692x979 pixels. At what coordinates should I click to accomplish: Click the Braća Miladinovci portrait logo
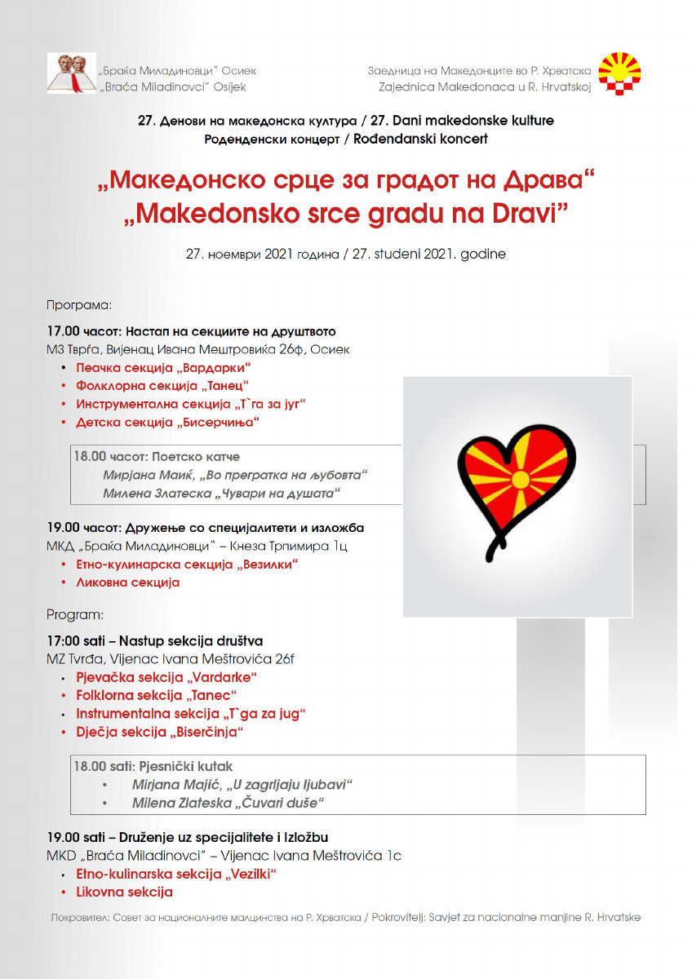[x=71, y=73]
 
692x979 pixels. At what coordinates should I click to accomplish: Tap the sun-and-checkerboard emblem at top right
[x=619, y=73]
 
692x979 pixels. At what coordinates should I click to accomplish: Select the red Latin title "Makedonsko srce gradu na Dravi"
[x=345, y=213]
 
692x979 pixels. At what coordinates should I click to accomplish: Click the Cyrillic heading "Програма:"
[x=78, y=305]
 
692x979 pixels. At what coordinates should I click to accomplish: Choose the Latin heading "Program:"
[x=75, y=614]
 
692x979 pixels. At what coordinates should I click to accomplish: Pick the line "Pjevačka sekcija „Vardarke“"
[x=166, y=678]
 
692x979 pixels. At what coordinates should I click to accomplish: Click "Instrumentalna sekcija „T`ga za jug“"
[x=190, y=714]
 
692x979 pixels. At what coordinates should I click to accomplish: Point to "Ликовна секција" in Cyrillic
[x=127, y=583]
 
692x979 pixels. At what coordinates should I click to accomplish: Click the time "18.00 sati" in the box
[x=103, y=767]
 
